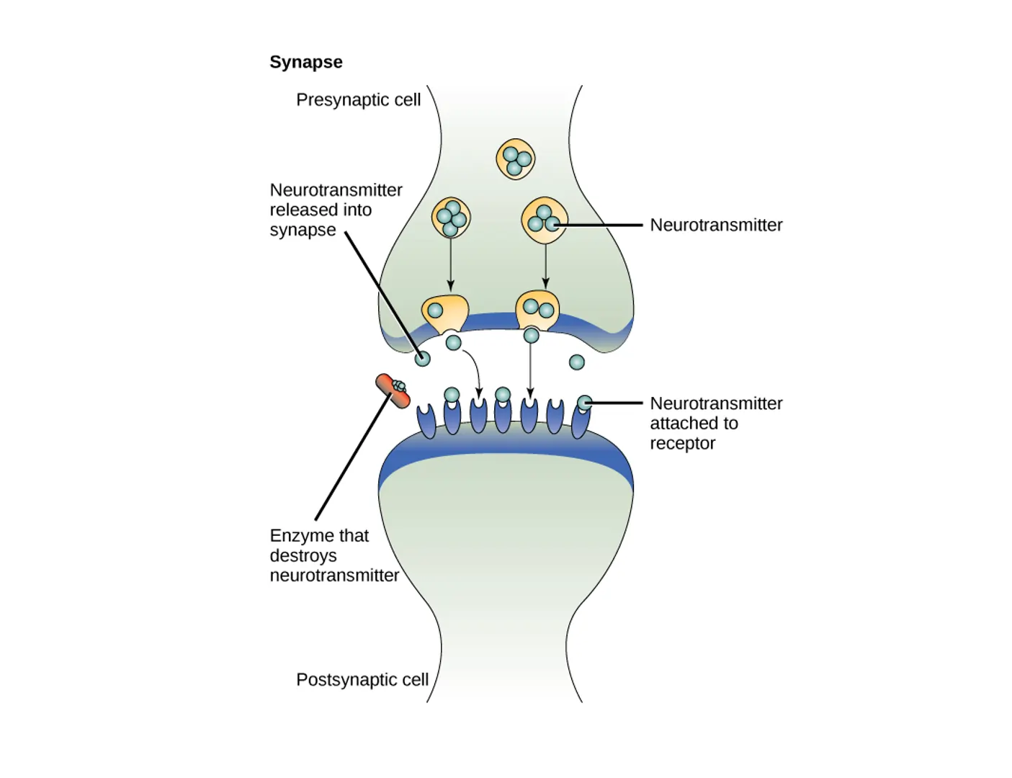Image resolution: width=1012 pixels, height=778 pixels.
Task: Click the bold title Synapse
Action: point(305,62)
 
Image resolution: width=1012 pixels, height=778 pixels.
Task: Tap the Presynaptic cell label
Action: point(358,99)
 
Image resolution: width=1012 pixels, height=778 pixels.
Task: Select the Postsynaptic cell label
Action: point(362,679)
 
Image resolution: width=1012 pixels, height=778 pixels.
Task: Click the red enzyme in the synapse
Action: point(393,391)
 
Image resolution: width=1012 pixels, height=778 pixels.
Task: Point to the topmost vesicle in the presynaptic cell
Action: point(515,159)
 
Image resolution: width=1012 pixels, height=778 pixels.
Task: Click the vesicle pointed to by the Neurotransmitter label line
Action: point(544,219)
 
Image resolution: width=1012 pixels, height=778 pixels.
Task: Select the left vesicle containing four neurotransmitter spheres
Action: point(451,218)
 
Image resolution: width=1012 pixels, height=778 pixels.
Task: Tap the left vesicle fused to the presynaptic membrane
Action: point(444,312)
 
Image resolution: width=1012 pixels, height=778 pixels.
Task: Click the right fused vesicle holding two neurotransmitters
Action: point(537,310)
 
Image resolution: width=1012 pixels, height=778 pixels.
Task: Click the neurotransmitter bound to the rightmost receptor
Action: point(585,403)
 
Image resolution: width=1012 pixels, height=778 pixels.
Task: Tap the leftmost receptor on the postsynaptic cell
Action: point(426,421)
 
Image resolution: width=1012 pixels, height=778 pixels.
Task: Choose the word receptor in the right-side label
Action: point(682,443)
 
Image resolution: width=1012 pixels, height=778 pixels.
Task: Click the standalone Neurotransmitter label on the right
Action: point(715,225)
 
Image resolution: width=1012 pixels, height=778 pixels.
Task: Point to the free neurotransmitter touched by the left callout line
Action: point(422,358)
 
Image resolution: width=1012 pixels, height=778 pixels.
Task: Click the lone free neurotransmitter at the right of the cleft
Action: point(577,362)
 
